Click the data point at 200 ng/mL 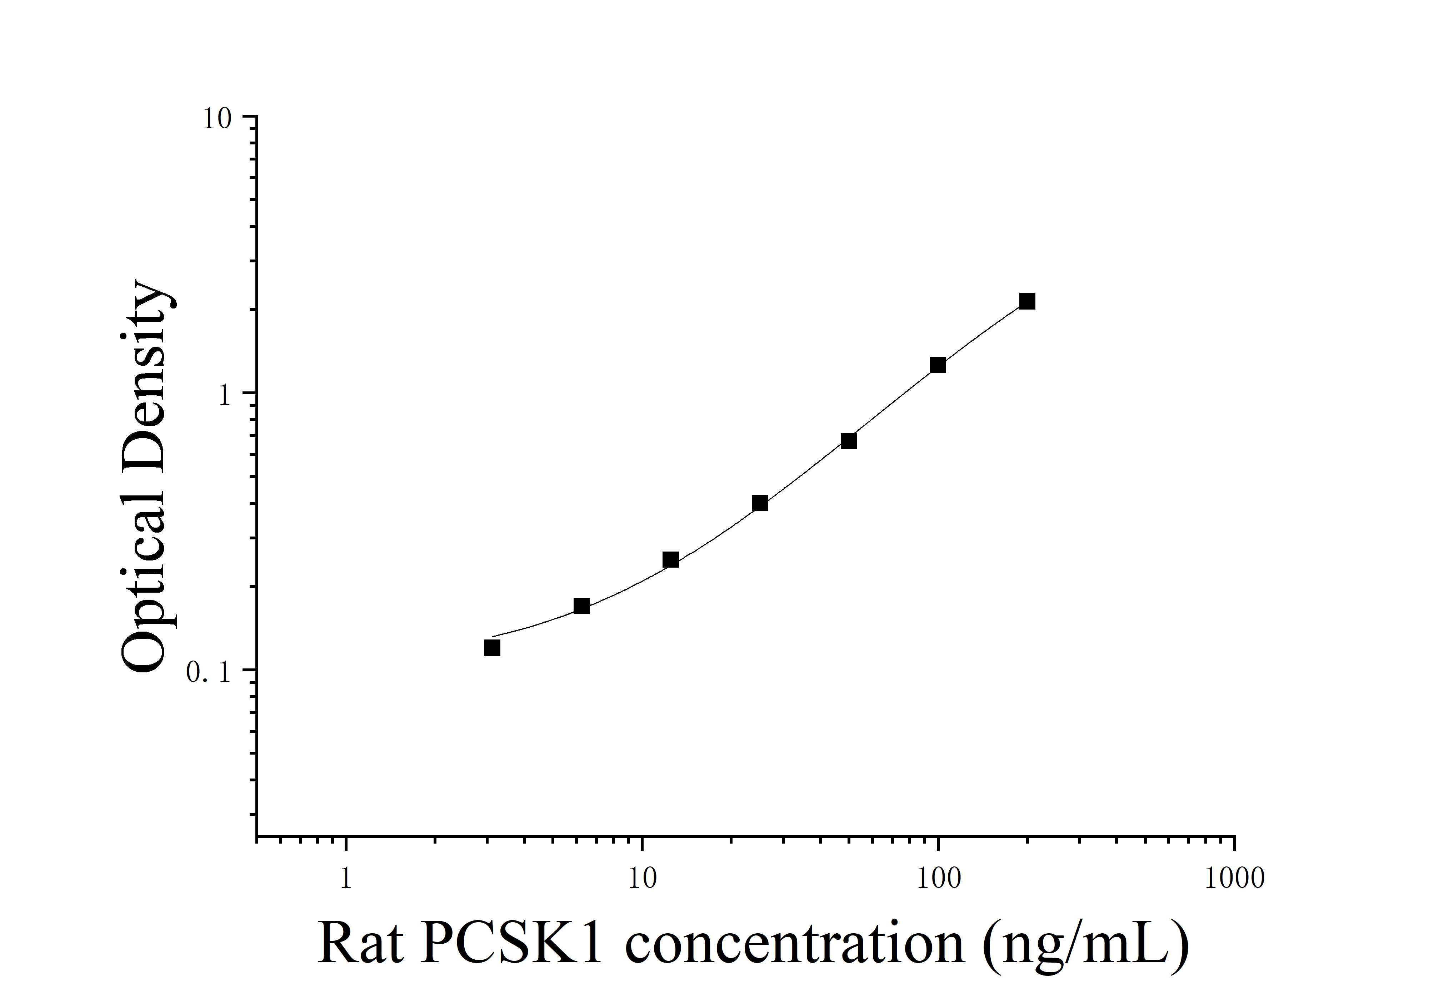(1027, 302)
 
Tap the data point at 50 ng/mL (848, 441)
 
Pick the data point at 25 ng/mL (759, 503)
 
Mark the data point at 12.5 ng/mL (670, 559)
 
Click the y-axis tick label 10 (217, 119)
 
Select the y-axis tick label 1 (225, 396)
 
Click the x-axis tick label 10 (641, 879)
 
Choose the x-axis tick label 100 (938, 879)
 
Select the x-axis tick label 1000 (1234, 879)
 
